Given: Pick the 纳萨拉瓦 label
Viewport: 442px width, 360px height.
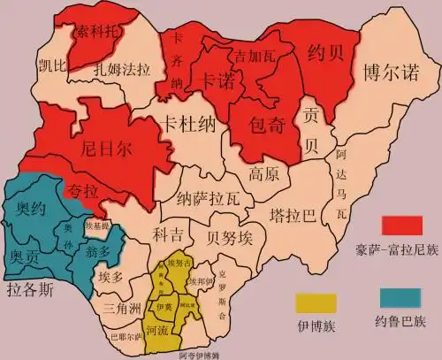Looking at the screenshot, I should tap(206, 199).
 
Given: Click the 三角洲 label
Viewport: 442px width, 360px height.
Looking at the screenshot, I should tap(121, 309).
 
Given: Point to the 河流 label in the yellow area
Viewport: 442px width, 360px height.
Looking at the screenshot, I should tap(157, 330).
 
